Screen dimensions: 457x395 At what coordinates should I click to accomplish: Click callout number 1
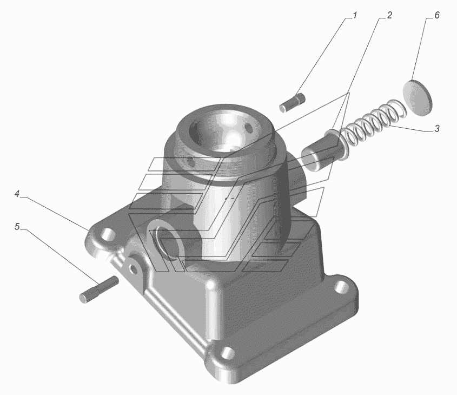[355, 15]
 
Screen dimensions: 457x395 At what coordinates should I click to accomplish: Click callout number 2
[389, 15]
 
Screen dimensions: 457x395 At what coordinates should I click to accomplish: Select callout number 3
[436, 128]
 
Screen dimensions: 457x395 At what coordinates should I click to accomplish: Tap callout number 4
[17, 194]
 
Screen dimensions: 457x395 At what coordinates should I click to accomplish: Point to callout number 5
[17, 227]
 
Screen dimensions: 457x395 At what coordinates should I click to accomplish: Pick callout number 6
[436, 15]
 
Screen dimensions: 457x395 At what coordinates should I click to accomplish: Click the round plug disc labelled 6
[417, 97]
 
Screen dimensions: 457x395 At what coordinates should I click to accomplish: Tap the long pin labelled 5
[98, 289]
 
